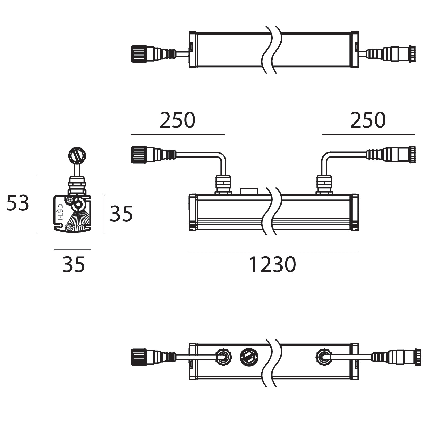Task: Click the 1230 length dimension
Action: click(x=273, y=265)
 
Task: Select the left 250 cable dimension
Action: click(x=177, y=120)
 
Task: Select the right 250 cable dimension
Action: click(x=368, y=120)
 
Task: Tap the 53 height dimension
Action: click(x=18, y=203)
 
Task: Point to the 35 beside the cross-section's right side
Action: click(x=121, y=214)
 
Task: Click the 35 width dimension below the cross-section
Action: click(x=74, y=265)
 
